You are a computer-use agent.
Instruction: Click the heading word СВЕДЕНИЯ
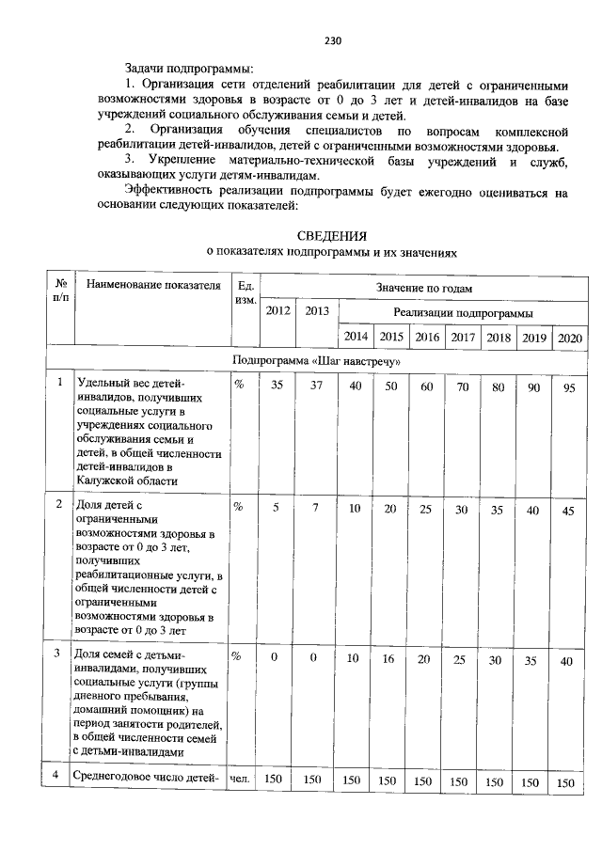pos(331,235)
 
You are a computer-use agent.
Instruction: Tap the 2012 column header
pos(277,311)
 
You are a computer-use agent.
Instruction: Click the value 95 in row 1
pos(568,388)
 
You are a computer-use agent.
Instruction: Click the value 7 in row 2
pos(317,507)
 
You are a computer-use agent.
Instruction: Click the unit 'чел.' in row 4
pos(239,780)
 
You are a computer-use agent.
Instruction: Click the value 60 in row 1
pos(426,386)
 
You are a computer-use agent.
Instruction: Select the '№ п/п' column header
pos(60,292)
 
